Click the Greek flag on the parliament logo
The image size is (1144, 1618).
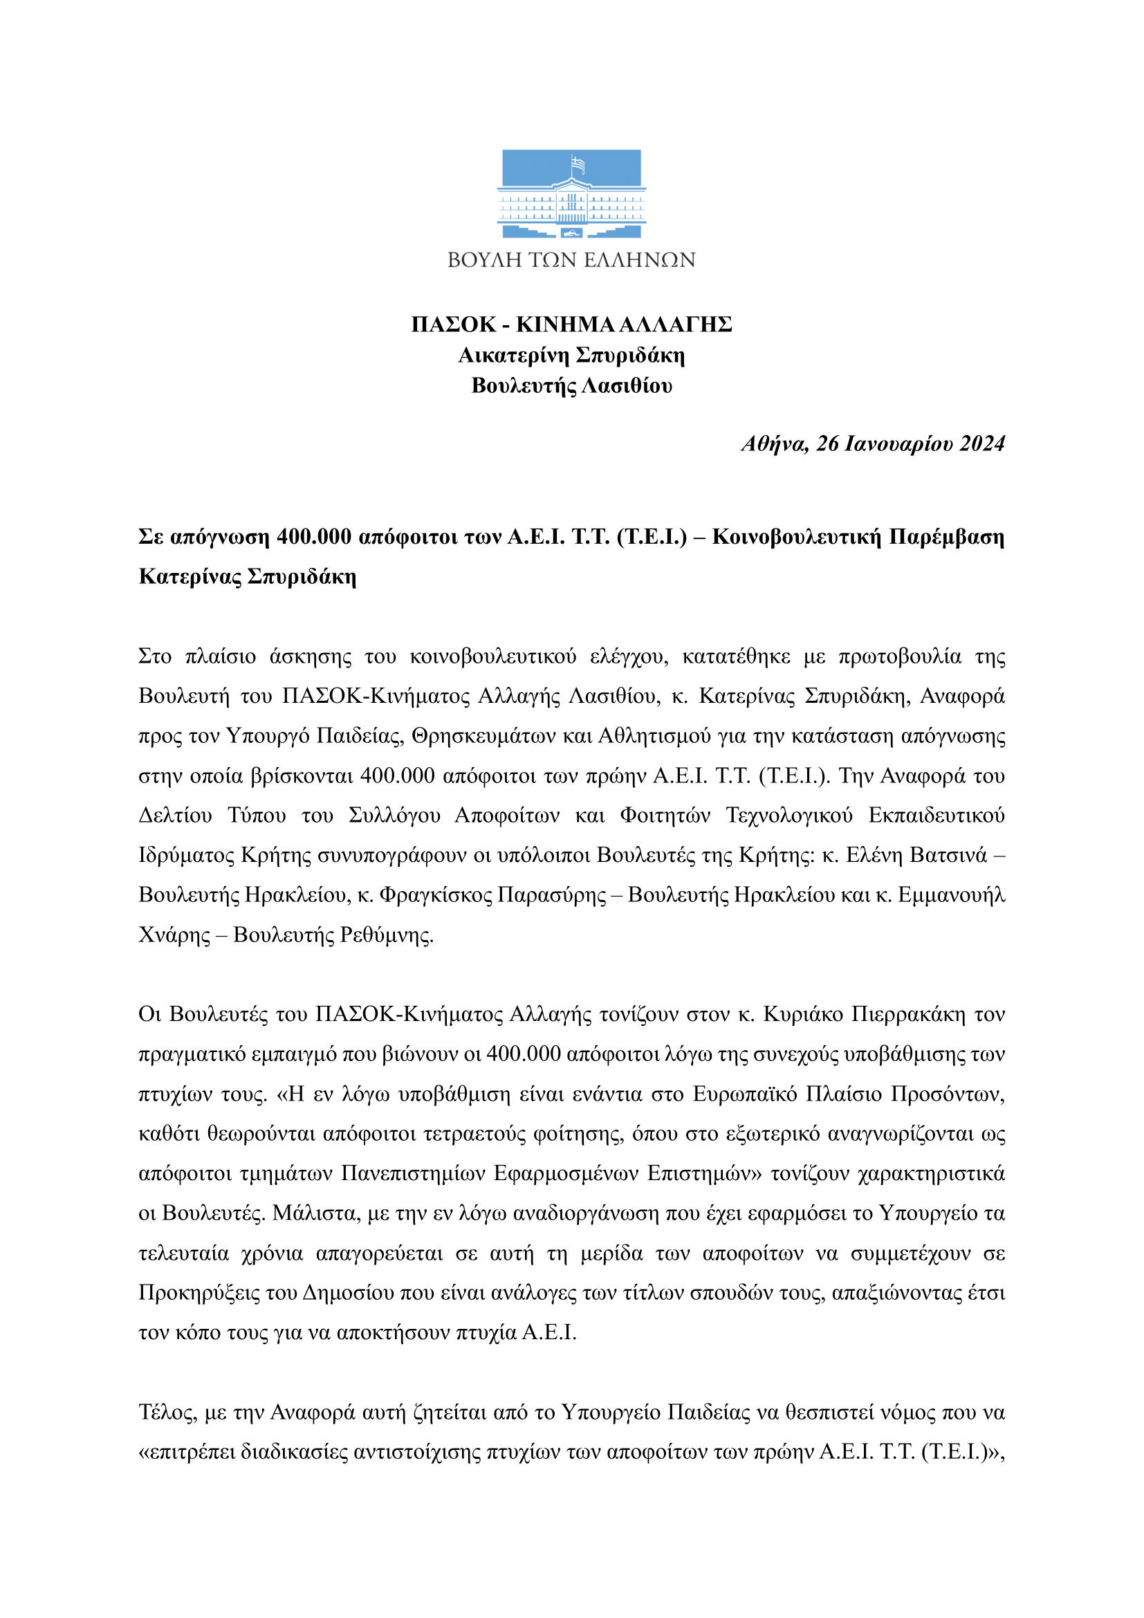578,165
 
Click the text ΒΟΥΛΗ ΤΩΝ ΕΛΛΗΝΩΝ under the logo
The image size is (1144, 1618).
571,260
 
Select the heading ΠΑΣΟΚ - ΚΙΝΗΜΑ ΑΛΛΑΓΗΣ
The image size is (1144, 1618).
571,324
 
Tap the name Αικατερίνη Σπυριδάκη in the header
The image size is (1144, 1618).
571,355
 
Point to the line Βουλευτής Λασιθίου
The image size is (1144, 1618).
571,386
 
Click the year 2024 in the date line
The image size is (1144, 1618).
982,444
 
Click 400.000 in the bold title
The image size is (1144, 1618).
313,537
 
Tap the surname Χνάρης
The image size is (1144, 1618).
174,935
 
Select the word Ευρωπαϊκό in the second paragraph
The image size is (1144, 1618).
745,1094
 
